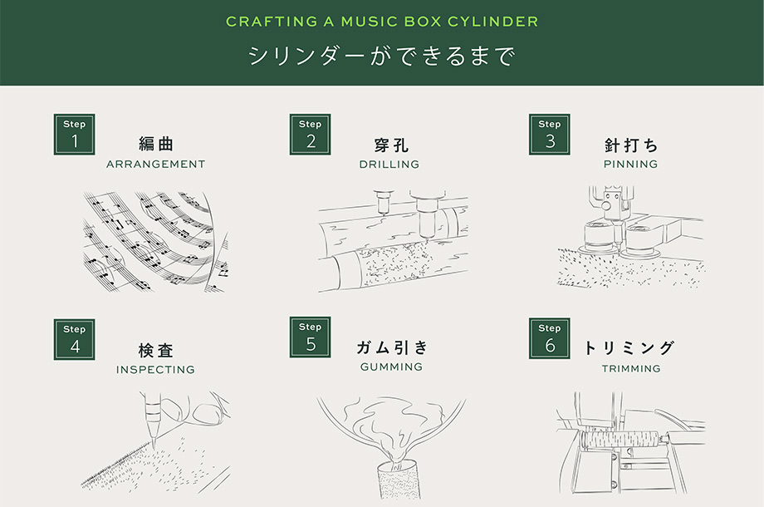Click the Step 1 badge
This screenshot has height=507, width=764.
click(x=75, y=134)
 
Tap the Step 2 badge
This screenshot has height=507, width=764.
click(x=311, y=134)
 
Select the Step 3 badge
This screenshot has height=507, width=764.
click(x=549, y=134)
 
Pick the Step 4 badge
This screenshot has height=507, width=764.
click(x=75, y=339)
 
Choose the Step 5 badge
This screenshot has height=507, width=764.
click(x=311, y=337)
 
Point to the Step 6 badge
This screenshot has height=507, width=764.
click(x=549, y=338)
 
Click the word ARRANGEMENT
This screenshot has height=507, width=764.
click(x=155, y=165)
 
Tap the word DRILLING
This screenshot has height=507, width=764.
click(x=389, y=165)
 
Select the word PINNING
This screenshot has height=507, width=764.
click(x=630, y=165)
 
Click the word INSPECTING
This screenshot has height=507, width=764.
click(x=155, y=369)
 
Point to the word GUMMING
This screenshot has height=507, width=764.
click(x=391, y=367)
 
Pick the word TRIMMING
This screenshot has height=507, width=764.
click(x=631, y=368)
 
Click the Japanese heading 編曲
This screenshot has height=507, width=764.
click(x=156, y=144)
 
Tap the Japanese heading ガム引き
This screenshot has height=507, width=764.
click(x=391, y=347)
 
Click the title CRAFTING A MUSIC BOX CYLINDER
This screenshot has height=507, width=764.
click(x=382, y=21)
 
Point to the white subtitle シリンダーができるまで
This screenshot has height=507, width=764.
click(x=382, y=57)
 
